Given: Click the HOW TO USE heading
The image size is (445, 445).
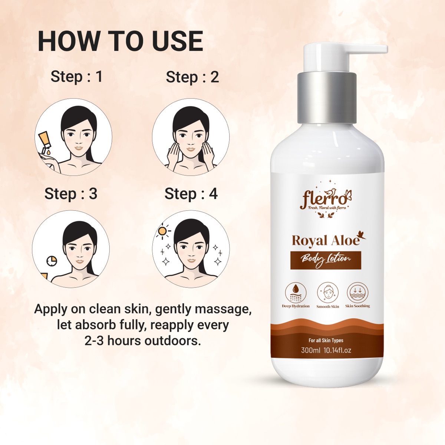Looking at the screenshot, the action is pyautogui.click(x=120, y=41).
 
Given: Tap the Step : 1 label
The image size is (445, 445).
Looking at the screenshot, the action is pyautogui.click(x=76, y=76).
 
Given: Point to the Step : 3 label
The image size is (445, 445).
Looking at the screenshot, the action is pyautogui.click(x=71, y=194).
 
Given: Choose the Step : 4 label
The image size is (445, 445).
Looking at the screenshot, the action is pyautogui.click(x=191, y=194).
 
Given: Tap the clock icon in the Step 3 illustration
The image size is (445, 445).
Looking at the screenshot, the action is pyautogui.click(x=52, y=261).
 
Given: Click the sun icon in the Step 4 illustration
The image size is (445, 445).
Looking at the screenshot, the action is pyautogui.click(x=162, y=231).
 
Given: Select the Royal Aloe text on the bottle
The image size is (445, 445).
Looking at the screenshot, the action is pyautogui.click(x=326, y=241).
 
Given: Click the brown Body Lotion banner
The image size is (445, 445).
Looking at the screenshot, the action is pyautogui.click(x=326, y=260).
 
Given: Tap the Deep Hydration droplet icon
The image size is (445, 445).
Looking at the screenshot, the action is pyautogui.click(x=296, y=293).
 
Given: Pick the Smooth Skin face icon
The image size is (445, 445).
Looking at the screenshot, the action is pyautogui.click(x=327, y=293).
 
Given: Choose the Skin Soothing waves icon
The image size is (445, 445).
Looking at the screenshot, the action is pyautogui.click(x=357, y=293).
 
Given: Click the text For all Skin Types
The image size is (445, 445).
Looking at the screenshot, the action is pyautogui.click(x=326, y=340).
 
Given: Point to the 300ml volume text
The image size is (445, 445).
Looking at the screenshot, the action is pyautogui.click(x=310, y=350).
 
